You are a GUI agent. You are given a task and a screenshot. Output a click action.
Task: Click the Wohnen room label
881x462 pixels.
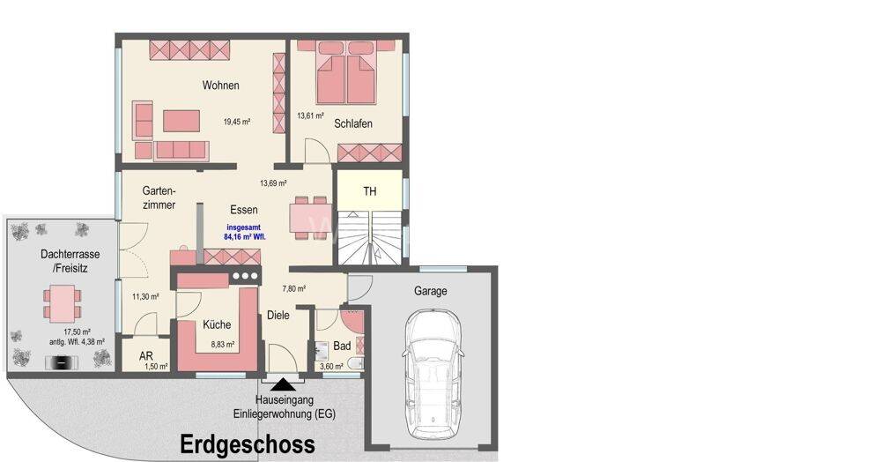[221, 86]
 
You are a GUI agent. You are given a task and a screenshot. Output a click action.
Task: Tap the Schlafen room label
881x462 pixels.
[353, 123]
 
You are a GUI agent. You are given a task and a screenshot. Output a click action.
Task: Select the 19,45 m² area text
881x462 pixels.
[236, 122]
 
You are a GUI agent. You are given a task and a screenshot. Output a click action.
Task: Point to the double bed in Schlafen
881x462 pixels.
[345, 72]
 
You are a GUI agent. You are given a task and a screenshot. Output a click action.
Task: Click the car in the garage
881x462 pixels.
[433, 374]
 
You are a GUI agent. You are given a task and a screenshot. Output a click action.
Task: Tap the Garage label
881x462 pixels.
[431, 291]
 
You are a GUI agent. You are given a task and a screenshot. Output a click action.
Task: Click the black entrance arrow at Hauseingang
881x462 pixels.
[285, 384]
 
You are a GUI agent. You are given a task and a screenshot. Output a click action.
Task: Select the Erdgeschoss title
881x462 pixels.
[248, 444]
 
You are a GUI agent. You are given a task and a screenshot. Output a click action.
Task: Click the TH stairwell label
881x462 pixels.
[370, 191]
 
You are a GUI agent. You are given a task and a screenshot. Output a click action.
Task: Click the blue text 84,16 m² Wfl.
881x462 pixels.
[244, 237]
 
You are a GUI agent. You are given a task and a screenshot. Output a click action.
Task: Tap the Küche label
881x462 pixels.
[217, 324]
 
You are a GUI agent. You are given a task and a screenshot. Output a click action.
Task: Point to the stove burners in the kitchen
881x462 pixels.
[244, 276]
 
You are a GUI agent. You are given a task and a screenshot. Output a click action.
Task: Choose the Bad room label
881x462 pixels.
[342, 346]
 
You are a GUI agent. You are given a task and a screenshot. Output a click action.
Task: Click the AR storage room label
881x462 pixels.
[146, 356]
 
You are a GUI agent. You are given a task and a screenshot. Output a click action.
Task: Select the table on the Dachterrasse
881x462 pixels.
[62, 303]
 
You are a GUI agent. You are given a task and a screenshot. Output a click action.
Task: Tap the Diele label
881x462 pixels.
[278, 316]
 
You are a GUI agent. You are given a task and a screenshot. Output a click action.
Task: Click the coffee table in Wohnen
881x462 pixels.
[181, 121]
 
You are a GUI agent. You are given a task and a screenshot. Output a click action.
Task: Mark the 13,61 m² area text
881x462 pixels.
[311, 115]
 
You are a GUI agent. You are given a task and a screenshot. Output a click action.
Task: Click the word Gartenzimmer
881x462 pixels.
[159, 197]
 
